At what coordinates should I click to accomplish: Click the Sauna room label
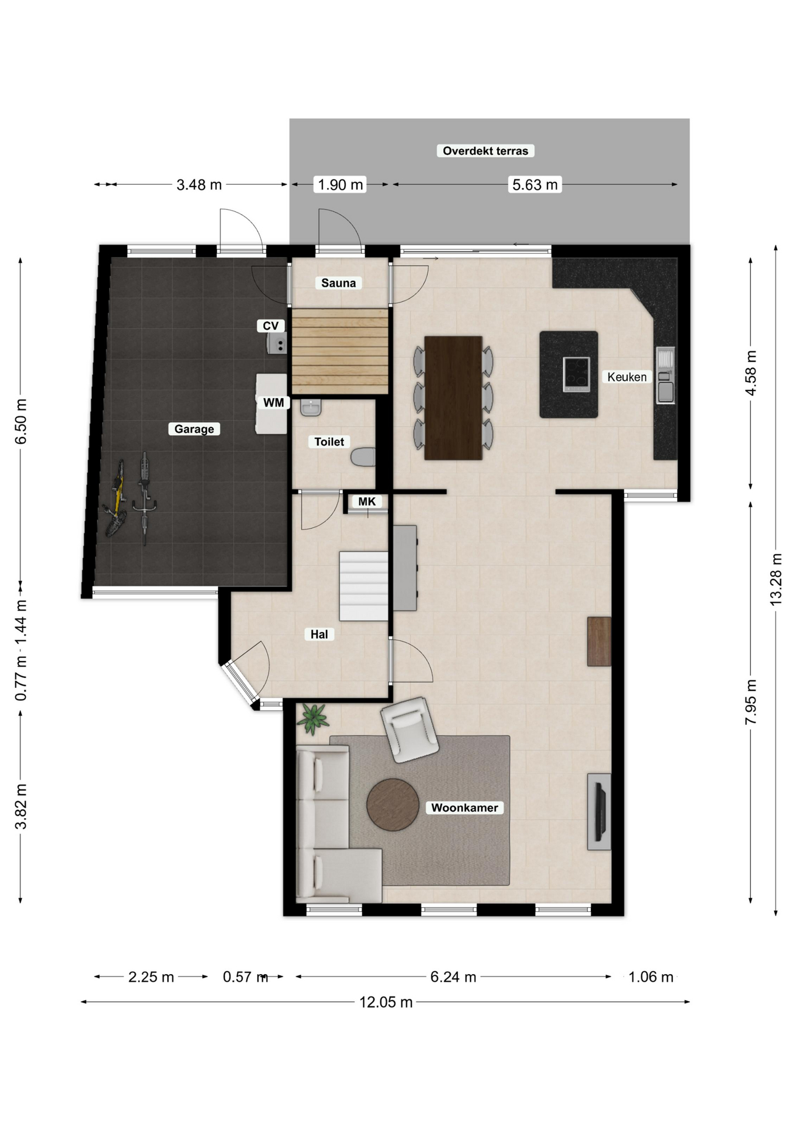(338, 283)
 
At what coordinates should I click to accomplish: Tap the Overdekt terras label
(485, 151)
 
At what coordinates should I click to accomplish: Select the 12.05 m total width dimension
(386, 1002)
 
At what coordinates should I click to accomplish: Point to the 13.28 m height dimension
(775, 579)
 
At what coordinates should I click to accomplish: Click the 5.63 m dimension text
(535, 185)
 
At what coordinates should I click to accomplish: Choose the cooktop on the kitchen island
(576, 374)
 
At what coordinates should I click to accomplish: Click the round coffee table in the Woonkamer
(393, 805)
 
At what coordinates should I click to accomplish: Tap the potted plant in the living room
(312, 718)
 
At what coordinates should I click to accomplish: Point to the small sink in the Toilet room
(311, 407)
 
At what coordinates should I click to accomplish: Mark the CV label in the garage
(270, 325)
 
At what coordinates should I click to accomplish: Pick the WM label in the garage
(273, 402)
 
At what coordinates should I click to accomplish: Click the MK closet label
(367, 501)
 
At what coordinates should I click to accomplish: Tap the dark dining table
(453, 398)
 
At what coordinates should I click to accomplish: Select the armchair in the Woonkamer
(409, 730)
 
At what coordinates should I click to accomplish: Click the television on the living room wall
(600, 812)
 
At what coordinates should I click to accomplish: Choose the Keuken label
(627, 377)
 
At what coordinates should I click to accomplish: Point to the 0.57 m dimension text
(245, 977)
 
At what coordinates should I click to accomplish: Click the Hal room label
(319, 634)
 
